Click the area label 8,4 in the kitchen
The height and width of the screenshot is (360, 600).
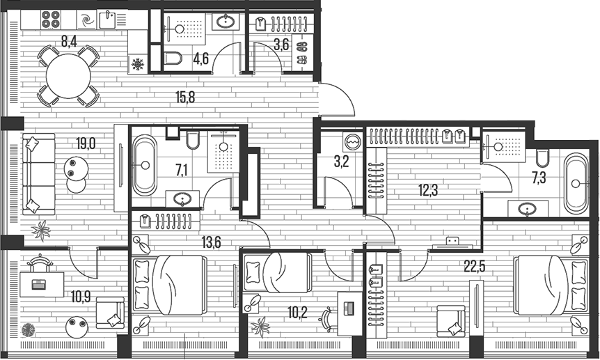click(68, 41)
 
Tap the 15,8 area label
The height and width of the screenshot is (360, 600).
click(184, 97)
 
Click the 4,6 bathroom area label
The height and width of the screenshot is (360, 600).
click(201, 58)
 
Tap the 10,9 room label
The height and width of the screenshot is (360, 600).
click(80, 295)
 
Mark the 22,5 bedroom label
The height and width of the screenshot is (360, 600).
click(475, 265)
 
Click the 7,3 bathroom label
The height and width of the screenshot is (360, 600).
click(539, 178)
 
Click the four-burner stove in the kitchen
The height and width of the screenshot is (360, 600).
click(52, 19)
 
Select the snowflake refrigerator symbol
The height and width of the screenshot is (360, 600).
click(138, 65)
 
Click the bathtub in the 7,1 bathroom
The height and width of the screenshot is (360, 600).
click(145, 166)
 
